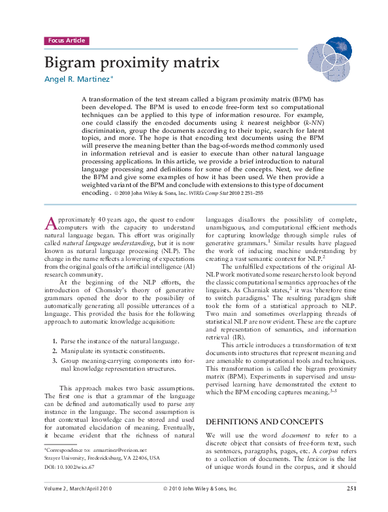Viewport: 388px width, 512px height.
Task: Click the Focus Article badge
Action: pyautogui.click(x=66, y=41)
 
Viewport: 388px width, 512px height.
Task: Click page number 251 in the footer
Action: pyautogui.click(x=351, y=488)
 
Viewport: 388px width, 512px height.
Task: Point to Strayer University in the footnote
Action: pyautogui.click(x=66, y=458)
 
